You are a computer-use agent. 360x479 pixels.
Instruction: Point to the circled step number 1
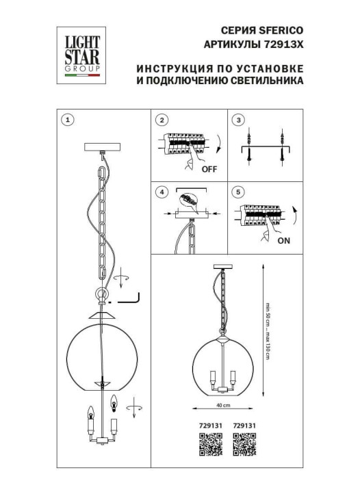[x=66, y=120]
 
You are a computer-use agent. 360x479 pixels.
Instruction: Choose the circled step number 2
[x=162, y=120]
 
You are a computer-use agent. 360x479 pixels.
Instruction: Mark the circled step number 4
[x=162, y=192]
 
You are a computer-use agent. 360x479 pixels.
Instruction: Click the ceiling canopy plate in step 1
[x=101, y=146]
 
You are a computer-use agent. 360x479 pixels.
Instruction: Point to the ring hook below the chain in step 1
[x=101, y=295]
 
